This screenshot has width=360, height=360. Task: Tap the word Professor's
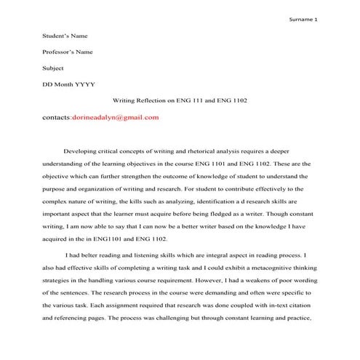coord(61,52)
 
